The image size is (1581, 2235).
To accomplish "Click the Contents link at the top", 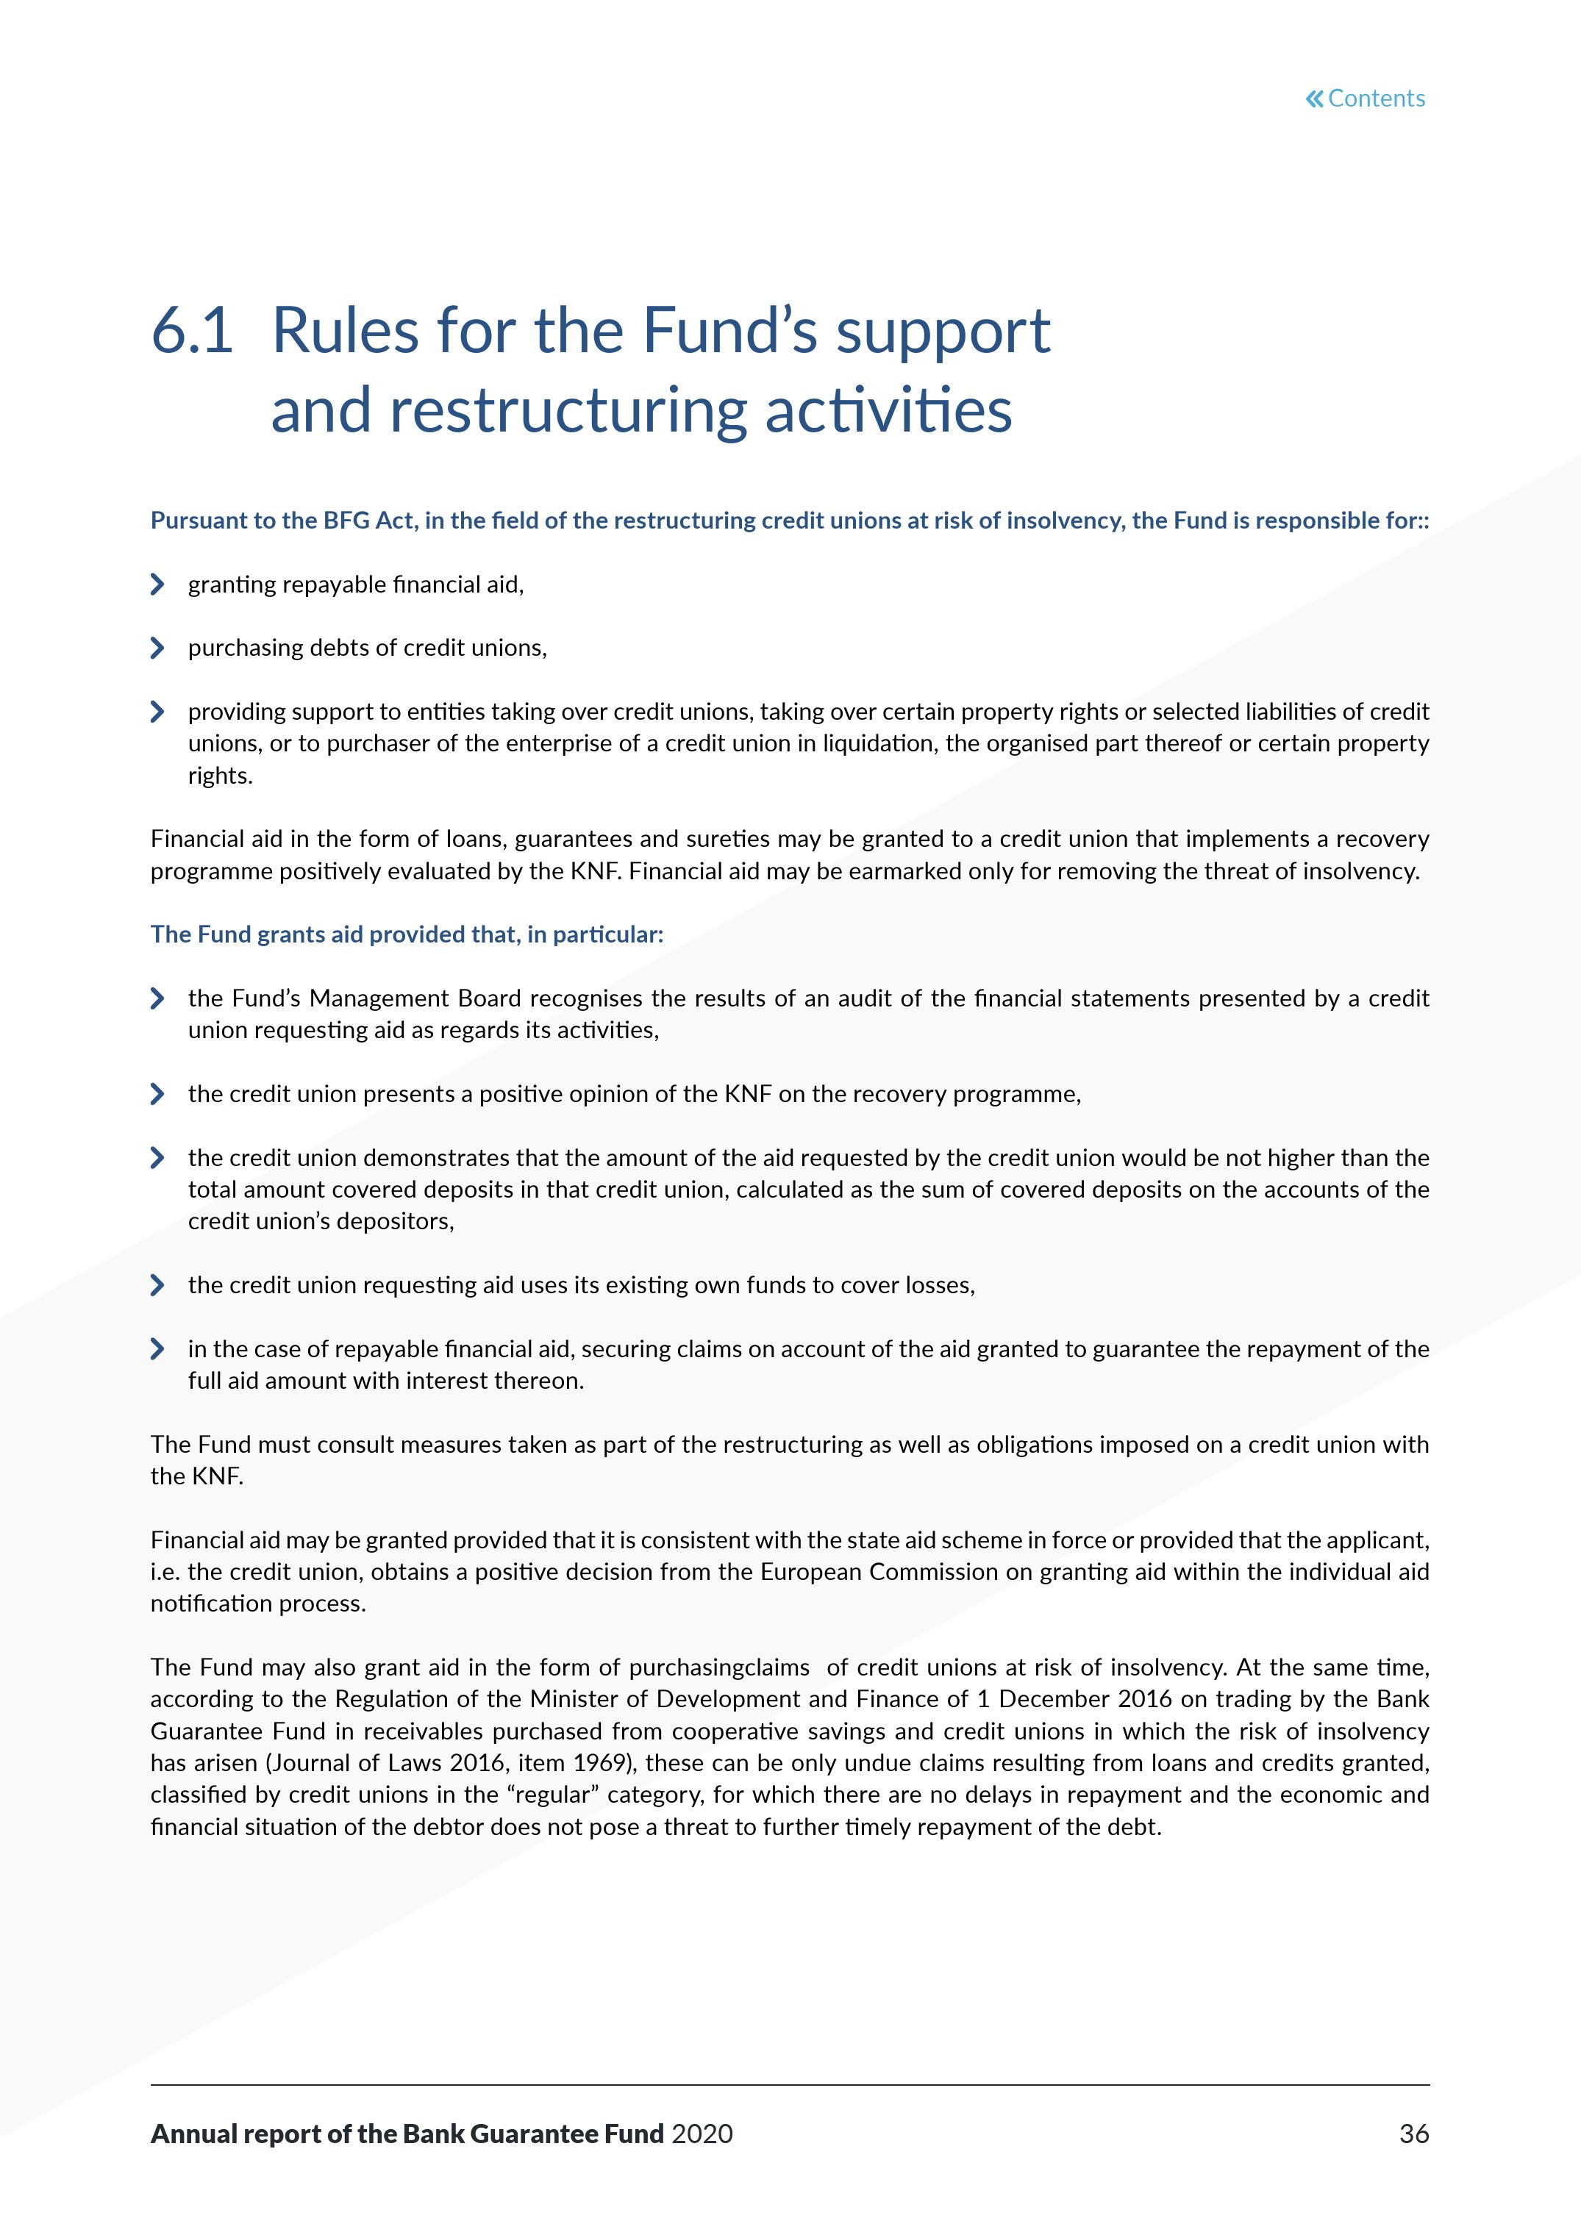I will click(1376, 99).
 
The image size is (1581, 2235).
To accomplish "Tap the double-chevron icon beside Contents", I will click(1314, 99).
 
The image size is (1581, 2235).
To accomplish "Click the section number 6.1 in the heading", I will click(192, 330).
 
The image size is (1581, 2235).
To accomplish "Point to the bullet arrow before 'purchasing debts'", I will click(157, 648).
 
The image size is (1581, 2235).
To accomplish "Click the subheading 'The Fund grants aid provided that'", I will click(406, 934).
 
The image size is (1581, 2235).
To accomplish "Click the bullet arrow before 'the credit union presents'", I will click(157, 1094).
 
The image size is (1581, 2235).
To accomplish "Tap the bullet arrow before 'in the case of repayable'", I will click(157, 1349).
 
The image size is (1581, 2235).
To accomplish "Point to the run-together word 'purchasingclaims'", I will click(718, 1667).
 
